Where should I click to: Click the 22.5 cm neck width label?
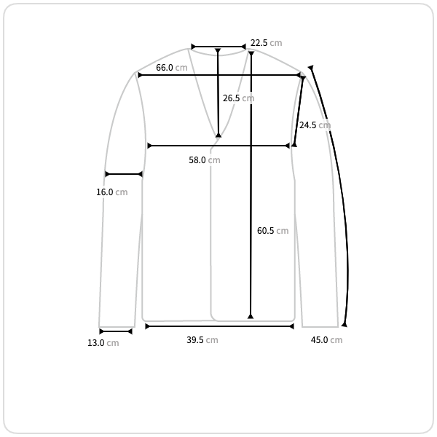click(x=266, y=43)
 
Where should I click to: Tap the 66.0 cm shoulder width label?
click(x=172, y=68)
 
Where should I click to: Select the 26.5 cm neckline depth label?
click(x=239, y=98)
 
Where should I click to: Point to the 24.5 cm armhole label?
click(x=315, y=125)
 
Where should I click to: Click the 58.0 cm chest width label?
click(x=205, y=160)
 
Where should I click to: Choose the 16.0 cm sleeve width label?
click(x=112, y=192)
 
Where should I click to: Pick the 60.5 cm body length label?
click(x=273, y=230)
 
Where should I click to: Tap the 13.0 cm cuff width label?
click(x=103, y=343)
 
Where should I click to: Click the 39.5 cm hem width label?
click(x=202, y=340)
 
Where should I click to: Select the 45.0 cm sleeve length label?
click(x=326, y=340)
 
